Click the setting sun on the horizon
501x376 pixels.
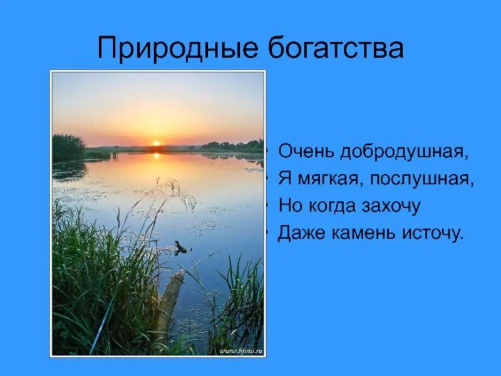click(156, 144)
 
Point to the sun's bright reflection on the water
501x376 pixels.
click(156, 156)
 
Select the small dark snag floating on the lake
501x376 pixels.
click(180, 248)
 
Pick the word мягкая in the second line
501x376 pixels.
click(329, 179)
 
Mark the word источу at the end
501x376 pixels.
click(433, 233)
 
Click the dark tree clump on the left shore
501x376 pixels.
click(68, 147)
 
